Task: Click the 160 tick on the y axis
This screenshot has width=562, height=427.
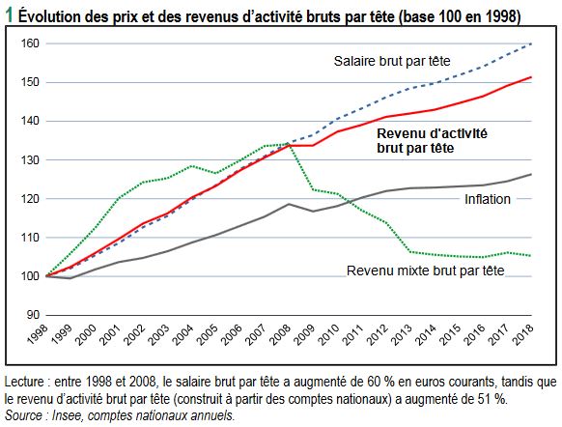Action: pyautogui.click(x=30, y=43)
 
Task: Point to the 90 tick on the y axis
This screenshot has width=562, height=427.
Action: pyautogui.click(x=33, y=315)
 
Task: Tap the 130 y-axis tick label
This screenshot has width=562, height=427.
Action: pyautogui.click(x=30, y=160)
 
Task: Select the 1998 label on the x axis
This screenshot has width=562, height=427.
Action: pyautogui.click(x=38, y=334)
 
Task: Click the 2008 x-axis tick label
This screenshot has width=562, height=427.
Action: pyautogui.click(x=280, y=334)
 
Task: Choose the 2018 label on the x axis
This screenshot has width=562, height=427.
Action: pyautogui.click(x=522, y=334)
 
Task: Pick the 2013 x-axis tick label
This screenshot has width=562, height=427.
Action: pyautogui.click(x=402, y=334)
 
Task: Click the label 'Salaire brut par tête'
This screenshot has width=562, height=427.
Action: pyautogui.click(x=392, y=61)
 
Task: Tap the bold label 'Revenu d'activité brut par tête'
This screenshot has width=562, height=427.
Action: pyautogui.click(x=432, y=140)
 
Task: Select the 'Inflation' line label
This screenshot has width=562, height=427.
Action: pyautogui.click(x=488, y=199)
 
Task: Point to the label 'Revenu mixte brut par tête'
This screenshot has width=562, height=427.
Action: pyautogui.click(x=426, y=270)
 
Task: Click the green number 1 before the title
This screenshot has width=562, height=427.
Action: pyautogui.click(x=9, y=15)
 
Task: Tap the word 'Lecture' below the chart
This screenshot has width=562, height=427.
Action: pyautogui.click(x=24, y=382)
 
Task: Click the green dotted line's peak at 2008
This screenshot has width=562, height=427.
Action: pyautogui.click(x=288, y=144)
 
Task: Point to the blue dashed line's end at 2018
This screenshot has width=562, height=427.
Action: pyautogui.click(x=531, y=43)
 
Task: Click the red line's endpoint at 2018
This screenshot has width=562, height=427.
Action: pyautogui.click(x=531, y=77)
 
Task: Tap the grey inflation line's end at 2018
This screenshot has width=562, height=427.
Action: pyautogui.click(x=531, y=174)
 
